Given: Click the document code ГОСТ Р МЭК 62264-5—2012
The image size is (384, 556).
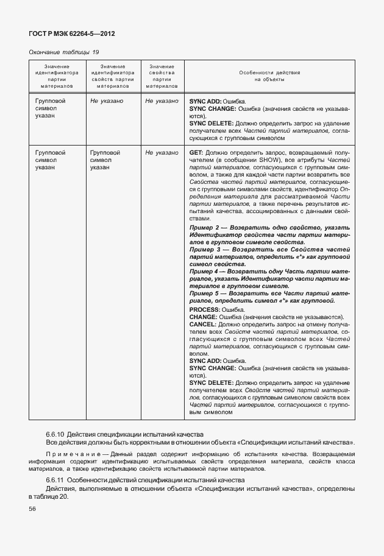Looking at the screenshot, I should [72, 33].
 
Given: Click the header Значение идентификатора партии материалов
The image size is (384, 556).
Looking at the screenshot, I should [56, 76].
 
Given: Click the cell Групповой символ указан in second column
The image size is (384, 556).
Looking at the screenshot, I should [105, 159].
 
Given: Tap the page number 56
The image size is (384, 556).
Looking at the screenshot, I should [32, 509].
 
